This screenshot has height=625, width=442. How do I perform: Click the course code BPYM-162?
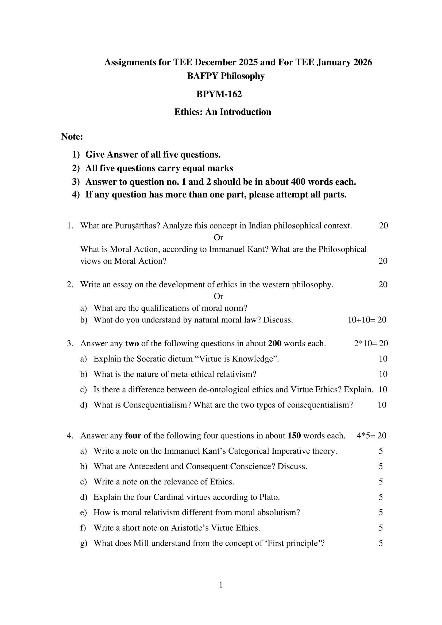(219, 94)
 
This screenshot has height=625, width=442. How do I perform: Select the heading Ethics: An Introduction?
(223, 112)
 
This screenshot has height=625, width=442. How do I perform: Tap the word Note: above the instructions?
(72, 137)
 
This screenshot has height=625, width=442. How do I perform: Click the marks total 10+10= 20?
(367, 320)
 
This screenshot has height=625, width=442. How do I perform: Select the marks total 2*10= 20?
(371, 344)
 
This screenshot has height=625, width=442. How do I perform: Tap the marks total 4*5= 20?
(371, 436)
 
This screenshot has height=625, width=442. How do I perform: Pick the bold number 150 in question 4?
(294, 436)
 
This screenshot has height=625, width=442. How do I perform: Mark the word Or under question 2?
(218, 296)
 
